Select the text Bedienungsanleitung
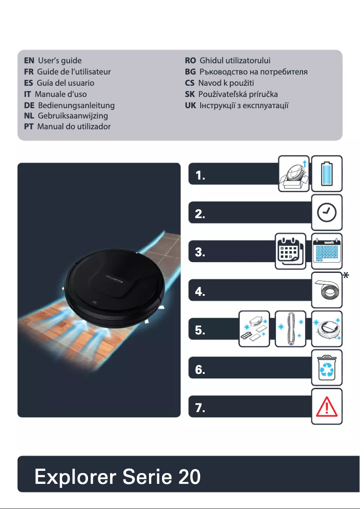(x=76, y=105)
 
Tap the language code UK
(x=190, y=105)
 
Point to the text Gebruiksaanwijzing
(x=73, y=116)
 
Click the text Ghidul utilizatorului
(x=235, y=60)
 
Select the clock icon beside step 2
(x=327, y=212)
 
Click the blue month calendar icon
(x=327, y=251)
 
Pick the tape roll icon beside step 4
(x=327, y=290)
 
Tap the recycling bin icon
(x=327, y=368)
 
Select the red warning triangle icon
(x=327, y=407)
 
